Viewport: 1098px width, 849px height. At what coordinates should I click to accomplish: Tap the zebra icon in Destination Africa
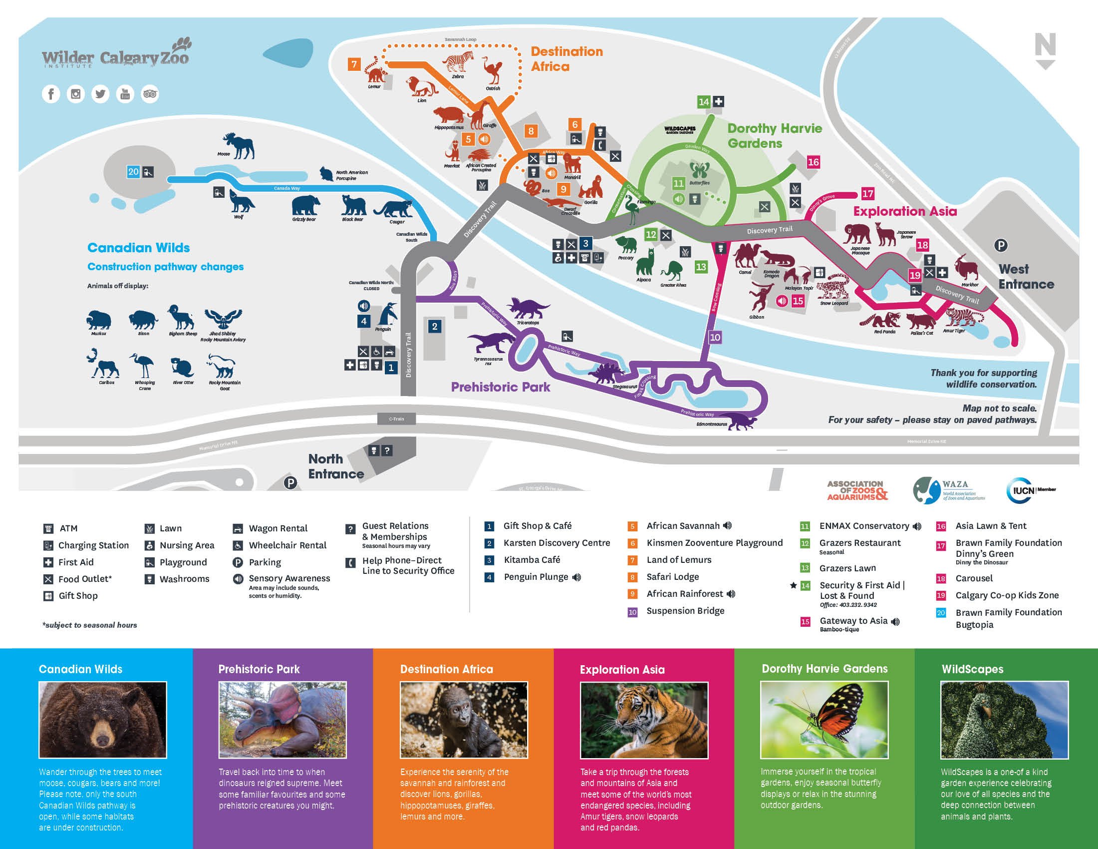pyautogui.click(x=458, y=62)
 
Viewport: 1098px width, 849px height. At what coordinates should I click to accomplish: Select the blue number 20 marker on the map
pyautogui.click(x=133, y=172)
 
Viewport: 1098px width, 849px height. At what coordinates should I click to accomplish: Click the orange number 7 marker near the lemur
pyautogui.click(x=354, y=64)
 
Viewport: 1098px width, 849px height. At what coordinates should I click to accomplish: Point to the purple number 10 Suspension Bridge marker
pyautogui.click(x=715, y=338)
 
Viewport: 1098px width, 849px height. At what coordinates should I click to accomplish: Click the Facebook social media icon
pyautogui.click(x=51, y=94)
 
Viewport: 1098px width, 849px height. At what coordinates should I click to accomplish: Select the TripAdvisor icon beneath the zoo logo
pyautogui.click(x=150, y=94)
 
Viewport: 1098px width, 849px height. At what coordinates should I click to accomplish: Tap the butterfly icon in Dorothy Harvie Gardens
pyautogui.click(x=699, y=170)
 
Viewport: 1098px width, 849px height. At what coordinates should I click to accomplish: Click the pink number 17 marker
pyautogui.click(x=868, y=194)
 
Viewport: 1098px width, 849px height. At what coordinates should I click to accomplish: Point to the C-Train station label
pyautogui.click(x=396, y=419)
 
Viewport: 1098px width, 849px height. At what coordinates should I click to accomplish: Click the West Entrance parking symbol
pyautogui.click(x=1001, y=245)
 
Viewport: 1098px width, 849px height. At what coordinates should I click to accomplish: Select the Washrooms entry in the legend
pyautogui.click(x=184, y=579)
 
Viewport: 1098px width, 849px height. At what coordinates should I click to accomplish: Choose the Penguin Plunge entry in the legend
pyautogui.click(x=536, y=577)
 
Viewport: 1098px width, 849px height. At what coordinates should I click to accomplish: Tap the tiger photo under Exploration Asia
pyautogui.click(x=644, y=720)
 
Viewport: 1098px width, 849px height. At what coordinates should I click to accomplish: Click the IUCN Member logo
pyautogui.click(x=1031, y=490)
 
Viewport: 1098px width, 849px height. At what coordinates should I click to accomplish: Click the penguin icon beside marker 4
pyautogui.click(x=388, y=315)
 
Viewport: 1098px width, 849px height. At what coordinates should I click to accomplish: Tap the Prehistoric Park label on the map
pyautogui.click(x=500, y=387)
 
